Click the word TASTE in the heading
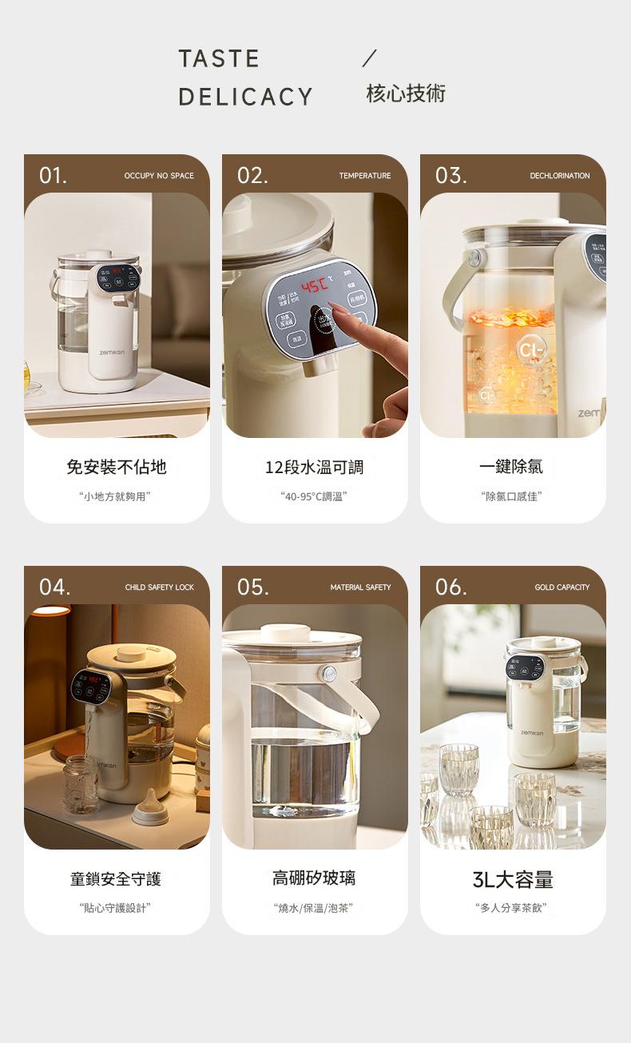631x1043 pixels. (x=219, y=59)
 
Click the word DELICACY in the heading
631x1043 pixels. (x=245, y=97)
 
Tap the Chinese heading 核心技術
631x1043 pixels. (x=406, y=94)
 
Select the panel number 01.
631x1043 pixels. (x=54, y=175)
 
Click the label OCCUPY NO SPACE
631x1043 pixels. (x=159, y=176)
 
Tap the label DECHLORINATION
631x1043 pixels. (x=559, y=176)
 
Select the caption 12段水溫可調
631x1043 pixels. (x=314, y=467)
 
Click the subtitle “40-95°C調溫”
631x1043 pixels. (x=314, y=496)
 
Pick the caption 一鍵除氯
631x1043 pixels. (x=512, y=467)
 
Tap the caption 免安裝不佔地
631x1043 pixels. (x=117, y=467)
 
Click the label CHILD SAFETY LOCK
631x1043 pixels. (x=159, y=587)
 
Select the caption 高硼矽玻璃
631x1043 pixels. (x=314, y=878)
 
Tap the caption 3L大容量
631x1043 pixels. (x=512, y=880)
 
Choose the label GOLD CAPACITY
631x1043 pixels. (x=562, y=587)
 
